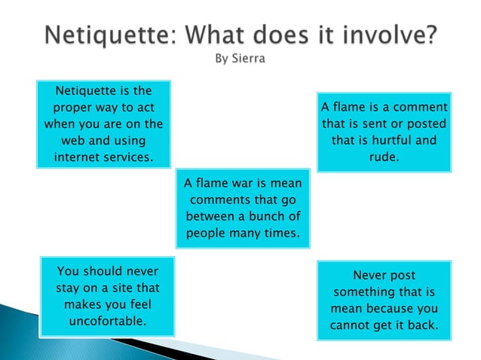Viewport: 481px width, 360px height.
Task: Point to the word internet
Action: click(76, 157)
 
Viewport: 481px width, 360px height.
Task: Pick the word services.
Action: click(128, 157)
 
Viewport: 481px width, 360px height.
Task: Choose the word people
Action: click(206, 233)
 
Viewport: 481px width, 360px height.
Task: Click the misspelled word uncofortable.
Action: click(107, 321)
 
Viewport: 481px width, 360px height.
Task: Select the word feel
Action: click(136, 304)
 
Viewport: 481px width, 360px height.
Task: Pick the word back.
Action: click(424, 325)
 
